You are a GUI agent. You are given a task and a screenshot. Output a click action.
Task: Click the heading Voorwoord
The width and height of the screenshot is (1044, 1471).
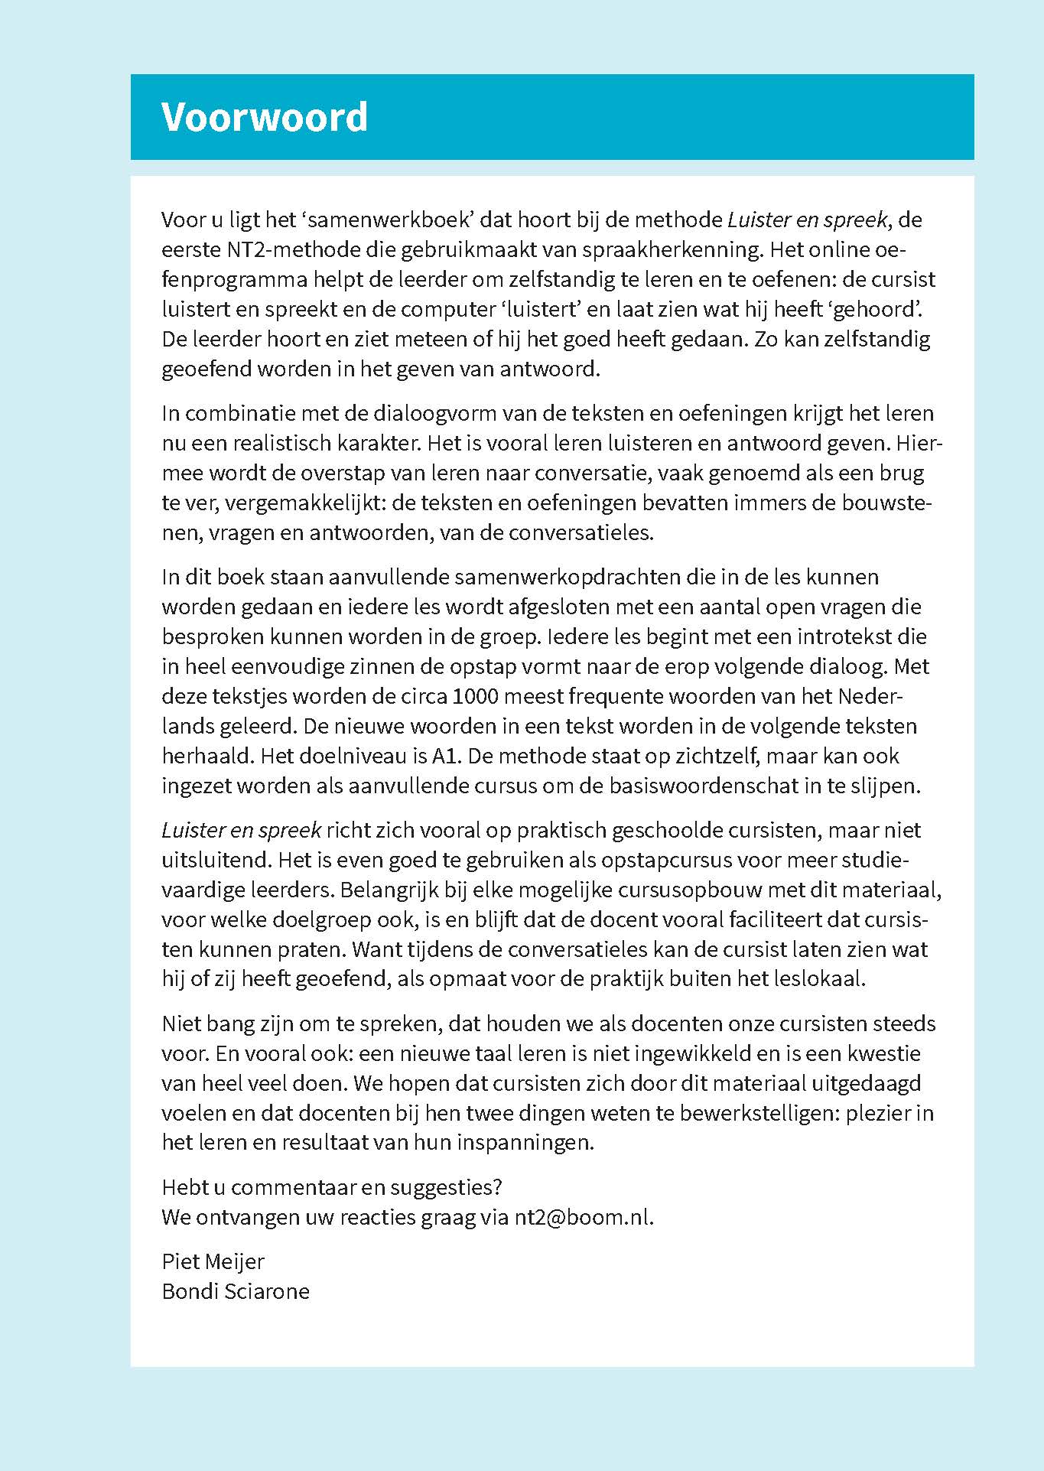coord(264,117)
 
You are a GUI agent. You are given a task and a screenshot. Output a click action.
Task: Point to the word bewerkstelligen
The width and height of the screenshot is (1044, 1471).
coord(746,1113)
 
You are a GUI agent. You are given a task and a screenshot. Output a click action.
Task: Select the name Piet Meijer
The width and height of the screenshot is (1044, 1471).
coord(213,1261)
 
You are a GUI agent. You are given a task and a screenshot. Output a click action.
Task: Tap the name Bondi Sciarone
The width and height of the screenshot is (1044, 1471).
coord(236,1291)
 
